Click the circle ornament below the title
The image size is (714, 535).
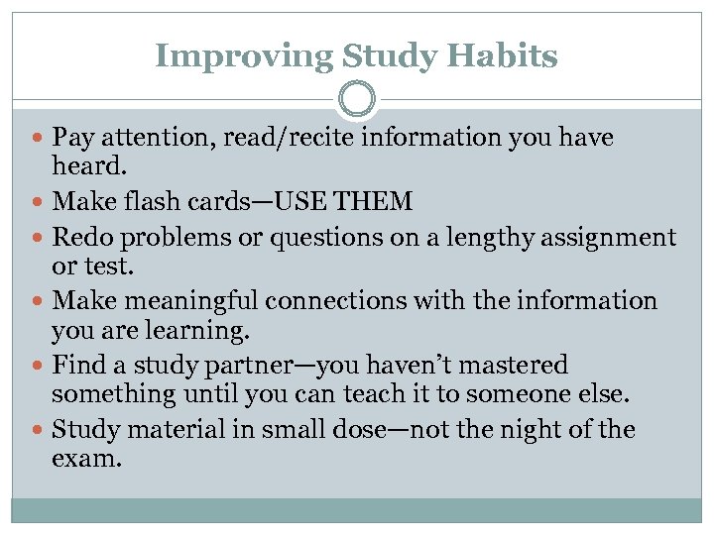pyautogui.click(x=357, y=100)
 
